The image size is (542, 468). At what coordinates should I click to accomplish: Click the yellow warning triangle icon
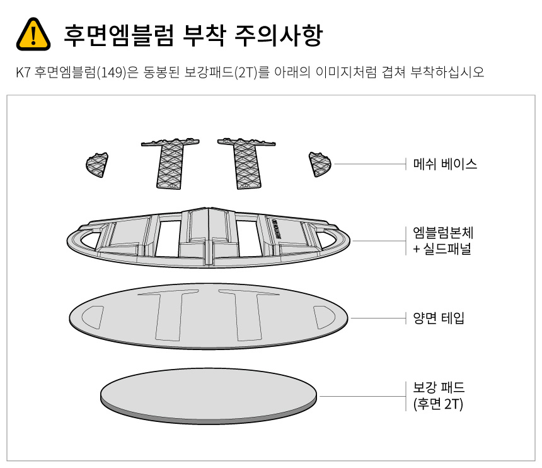pyautogui.click(x=32, y=34)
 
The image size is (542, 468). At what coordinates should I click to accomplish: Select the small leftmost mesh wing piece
pyautogui.click(x=96, y=165)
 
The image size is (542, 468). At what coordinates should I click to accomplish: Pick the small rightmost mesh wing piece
pyautogui.click(x=320, y=165)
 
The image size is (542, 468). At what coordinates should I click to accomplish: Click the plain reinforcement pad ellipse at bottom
pyautogui.click(x=209, y=395)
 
